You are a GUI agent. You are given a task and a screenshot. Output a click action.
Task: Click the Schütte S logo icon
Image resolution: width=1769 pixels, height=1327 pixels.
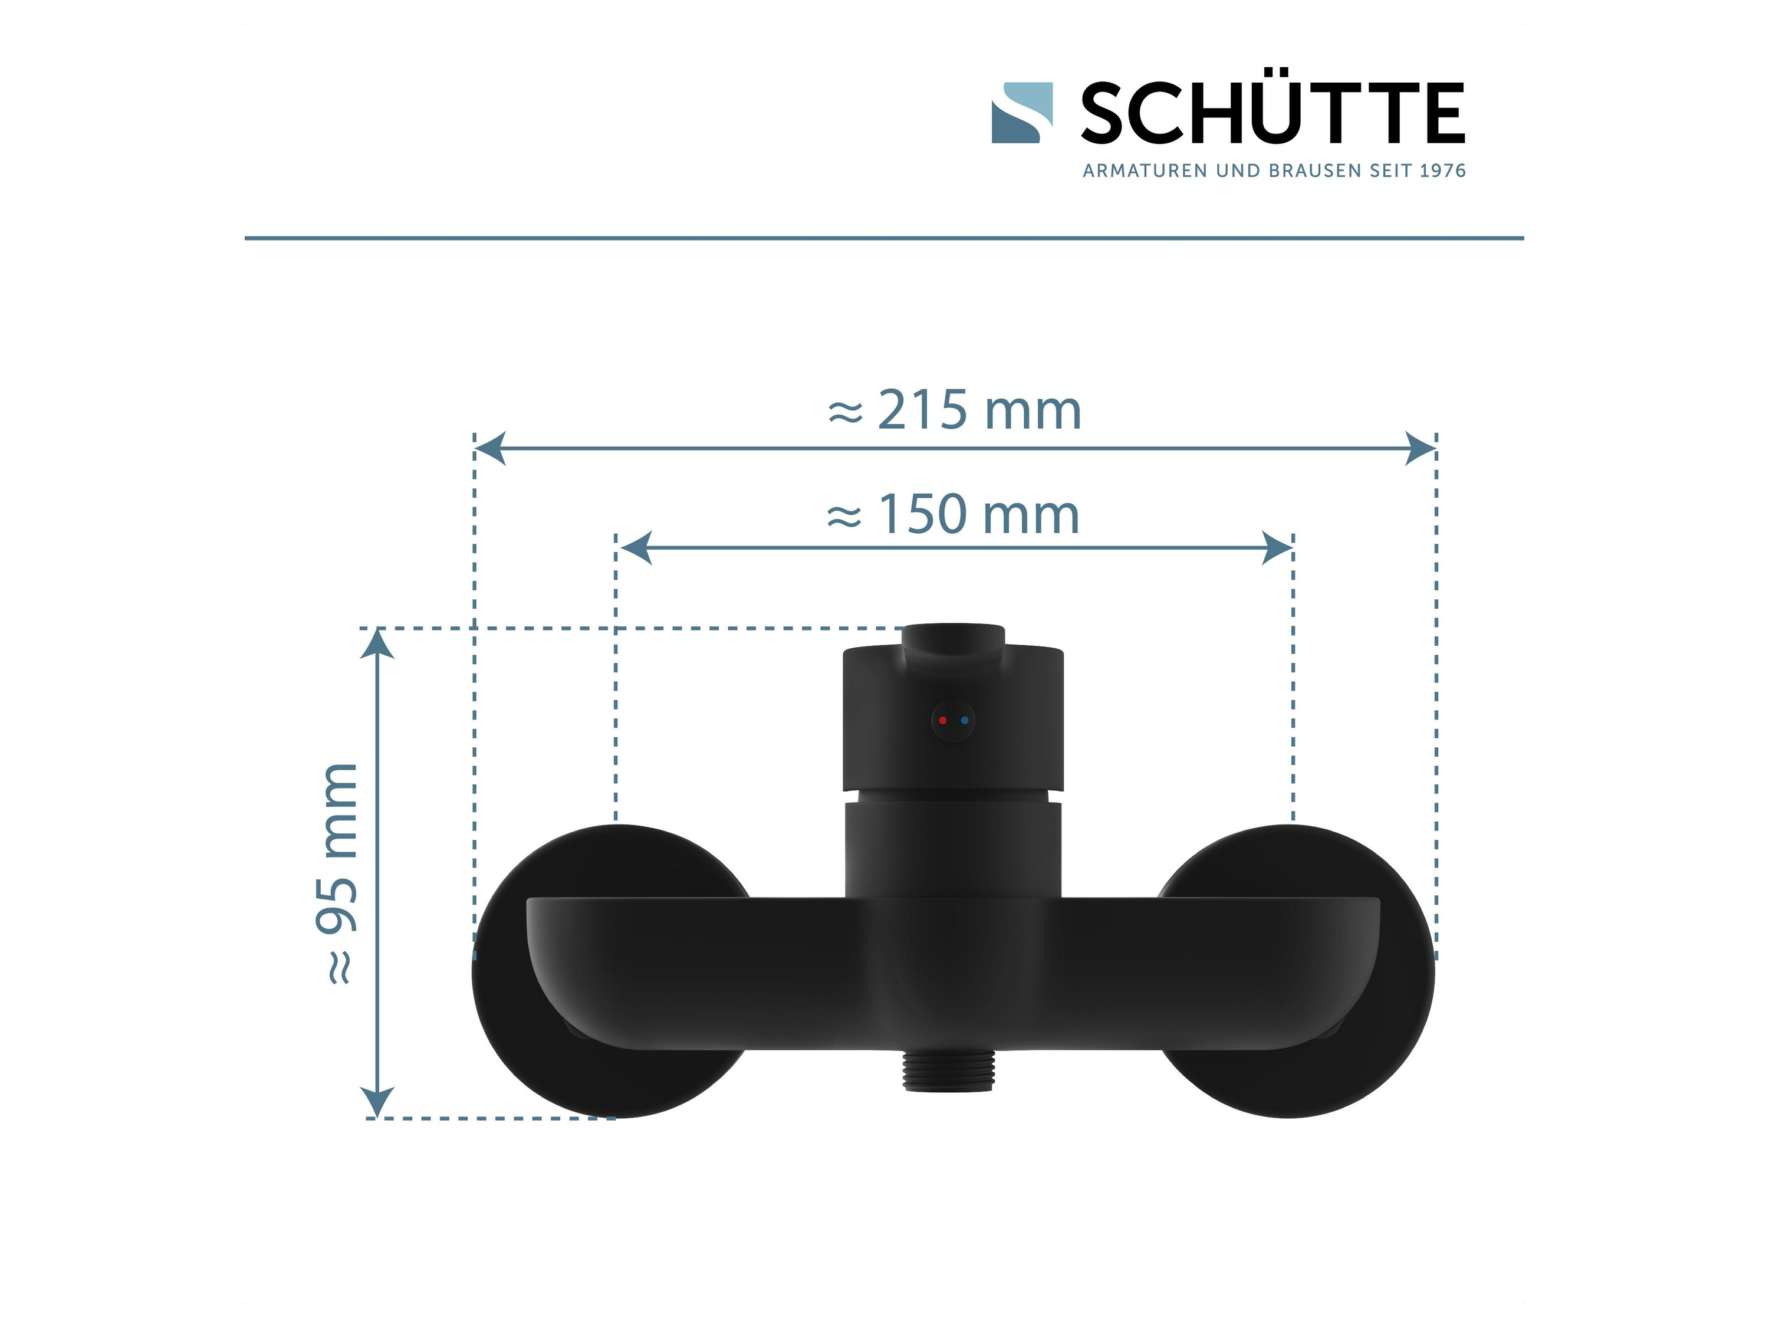pyautogui.click(x=1022, y=113)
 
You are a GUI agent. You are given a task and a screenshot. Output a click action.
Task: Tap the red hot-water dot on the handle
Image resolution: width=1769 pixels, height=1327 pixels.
pyautogui.click(x=943, y=721)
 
